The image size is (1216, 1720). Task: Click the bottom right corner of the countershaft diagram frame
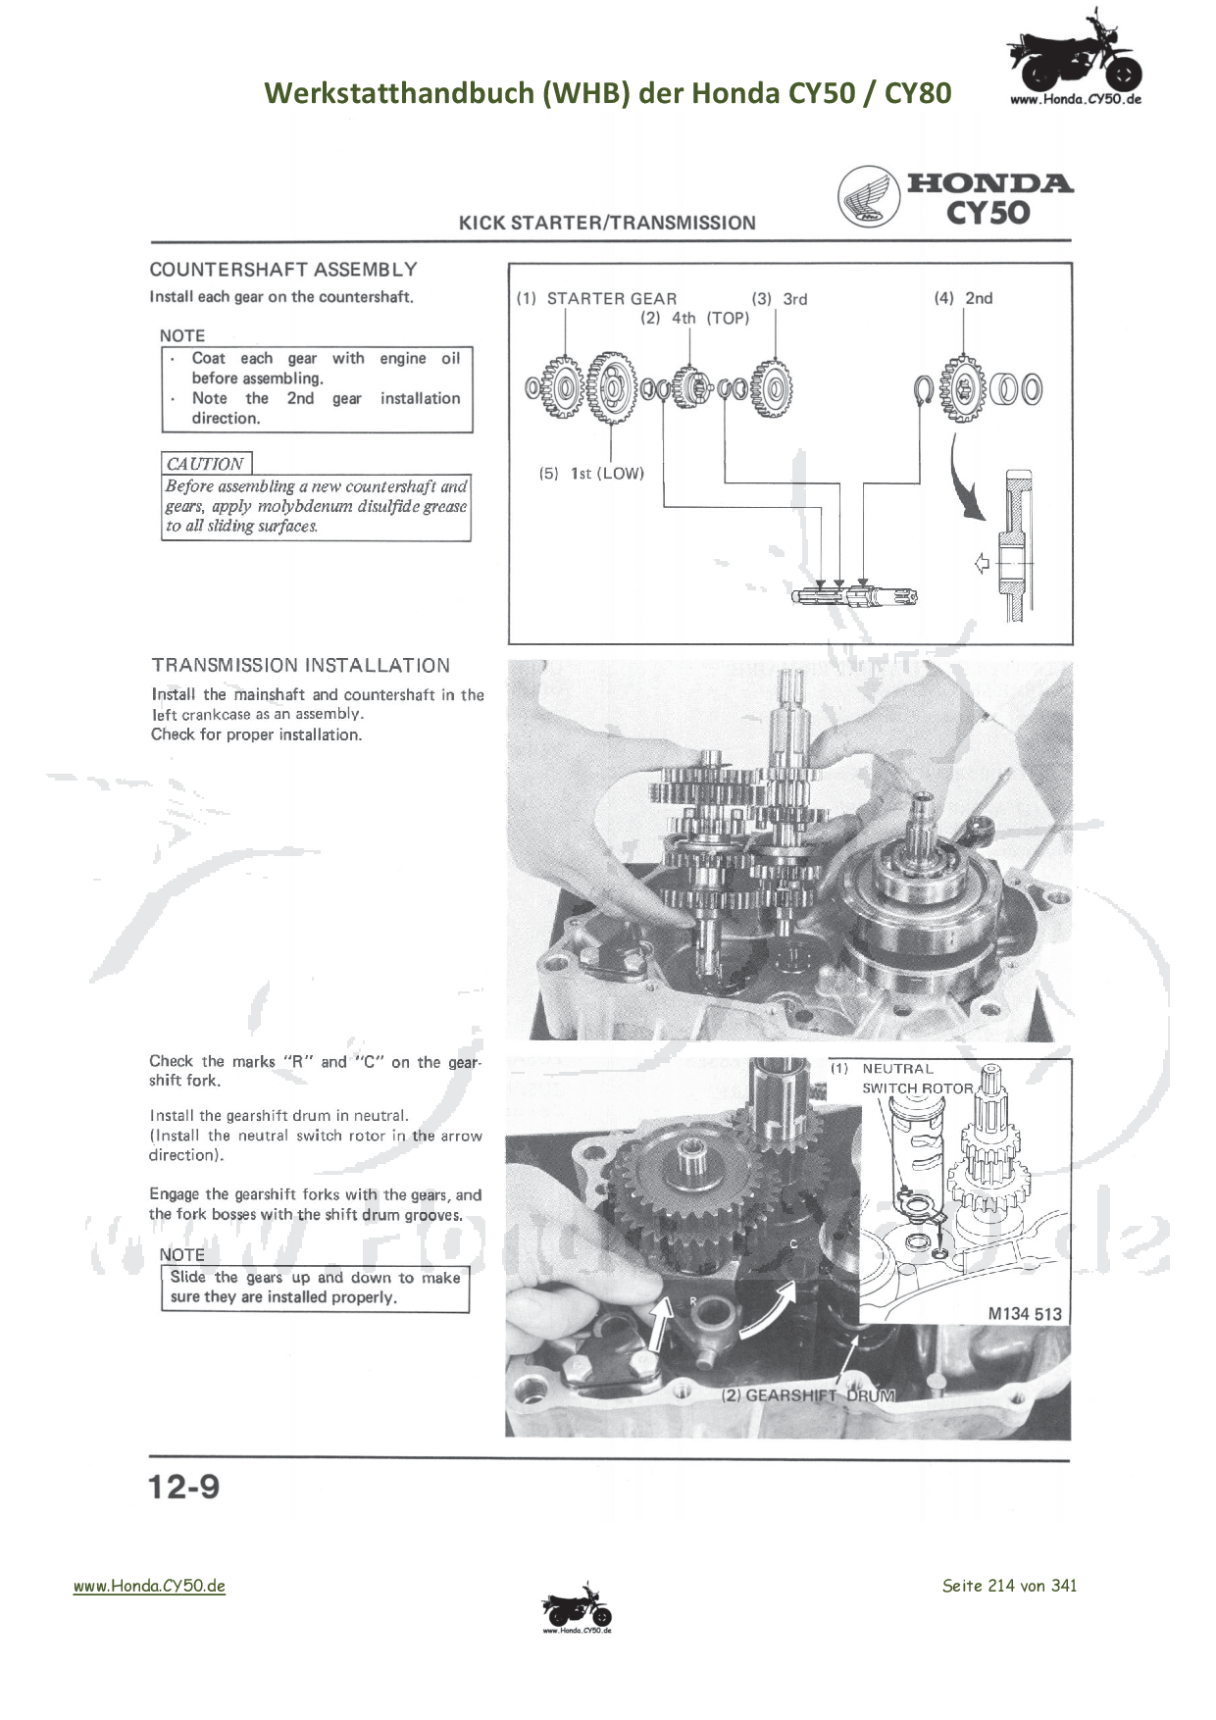(x=1073, y=644)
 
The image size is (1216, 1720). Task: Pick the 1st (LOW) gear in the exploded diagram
(x=613, y=388)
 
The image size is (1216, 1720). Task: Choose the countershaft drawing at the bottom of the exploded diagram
(x=853, y=594)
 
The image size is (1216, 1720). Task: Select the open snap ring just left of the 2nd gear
(x=923, y=388)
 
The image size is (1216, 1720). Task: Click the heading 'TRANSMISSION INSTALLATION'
(x=301, y=666)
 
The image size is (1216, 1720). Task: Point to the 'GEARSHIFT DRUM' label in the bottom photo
(x=809, y=1394)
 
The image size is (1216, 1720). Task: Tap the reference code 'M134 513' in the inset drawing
(x=1025, y=1314)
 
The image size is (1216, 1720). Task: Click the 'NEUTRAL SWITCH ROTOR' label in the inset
(x=917, y=1079)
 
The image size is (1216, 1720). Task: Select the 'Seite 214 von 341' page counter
(x=1009, y=1586)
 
